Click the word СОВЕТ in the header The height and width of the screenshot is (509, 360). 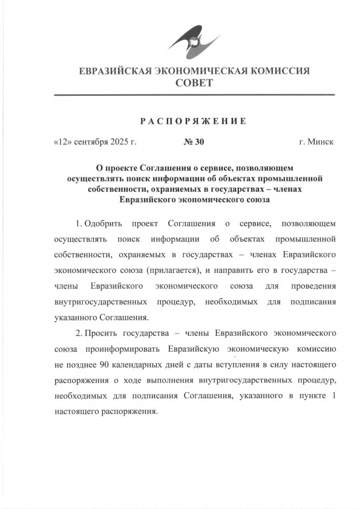[194, 84]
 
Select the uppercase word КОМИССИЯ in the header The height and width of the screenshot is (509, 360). [278, 71]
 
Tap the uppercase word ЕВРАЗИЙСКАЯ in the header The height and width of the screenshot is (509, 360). [117, 71]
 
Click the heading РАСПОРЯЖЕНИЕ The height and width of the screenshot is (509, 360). [194, 121]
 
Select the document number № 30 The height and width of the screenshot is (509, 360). [194, 143]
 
